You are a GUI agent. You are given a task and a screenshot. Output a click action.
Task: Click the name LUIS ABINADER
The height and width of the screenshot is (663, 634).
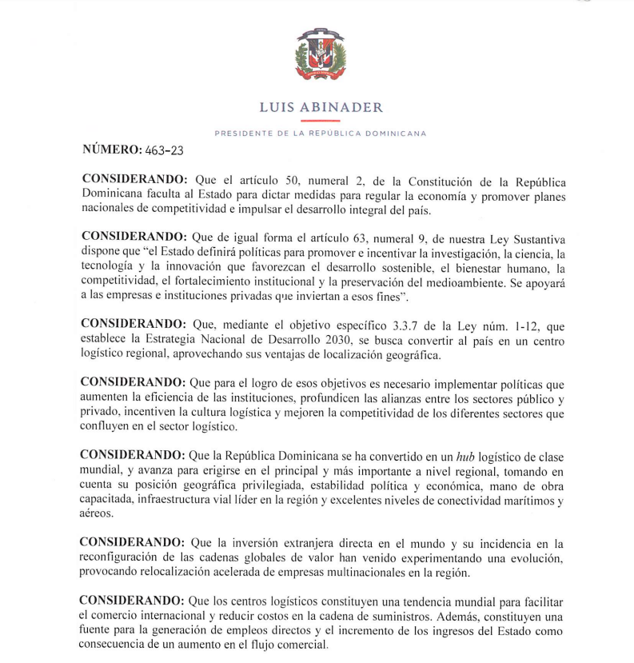(x=321, y=107)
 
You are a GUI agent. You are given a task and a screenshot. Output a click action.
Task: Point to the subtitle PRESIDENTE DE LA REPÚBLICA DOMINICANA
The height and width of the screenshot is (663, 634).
(x=321, y=133)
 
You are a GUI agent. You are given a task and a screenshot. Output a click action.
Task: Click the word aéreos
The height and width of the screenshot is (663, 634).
(x=98, y=515)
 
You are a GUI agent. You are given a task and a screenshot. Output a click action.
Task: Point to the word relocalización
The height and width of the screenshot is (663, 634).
(x=177, y=573)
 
